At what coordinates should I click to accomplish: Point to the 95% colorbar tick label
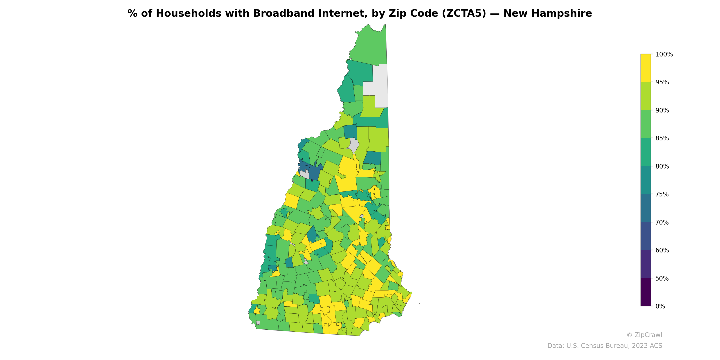tap(662, 82)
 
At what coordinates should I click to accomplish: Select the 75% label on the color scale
tap(662, 194)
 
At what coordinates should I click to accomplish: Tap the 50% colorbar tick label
tap(662, 278)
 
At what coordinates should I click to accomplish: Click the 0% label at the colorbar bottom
tap(660, 306)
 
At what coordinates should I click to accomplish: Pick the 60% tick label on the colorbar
tap(662, 250)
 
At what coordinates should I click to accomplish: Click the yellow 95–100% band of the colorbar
tap(646, 68)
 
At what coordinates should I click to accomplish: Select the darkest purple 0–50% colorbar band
tap(646, 292)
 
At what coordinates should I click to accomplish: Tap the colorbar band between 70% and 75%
tap(646, 208)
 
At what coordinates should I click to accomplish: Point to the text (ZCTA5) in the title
tap(464, 13)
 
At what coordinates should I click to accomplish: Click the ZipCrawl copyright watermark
tap(644, 335)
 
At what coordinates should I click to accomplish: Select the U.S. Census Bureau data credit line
tap(604, 346)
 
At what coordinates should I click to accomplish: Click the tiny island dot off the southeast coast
tap(420, 304)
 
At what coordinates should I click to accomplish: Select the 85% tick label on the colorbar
tap(662, 138)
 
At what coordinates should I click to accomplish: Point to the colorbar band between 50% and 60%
tap(646, 264)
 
